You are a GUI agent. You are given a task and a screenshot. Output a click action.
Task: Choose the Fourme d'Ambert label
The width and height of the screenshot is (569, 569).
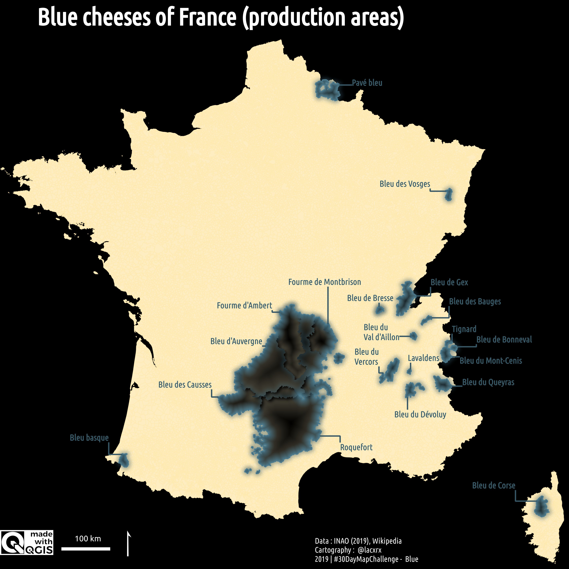pyautogui.click(x=244, y=305)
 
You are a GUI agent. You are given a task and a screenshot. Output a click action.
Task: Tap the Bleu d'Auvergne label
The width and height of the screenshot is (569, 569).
pyautogui.click(x=236, y=341)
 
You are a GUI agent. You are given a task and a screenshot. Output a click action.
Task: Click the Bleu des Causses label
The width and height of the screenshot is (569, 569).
pyautogui.click(x=185, y=385)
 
